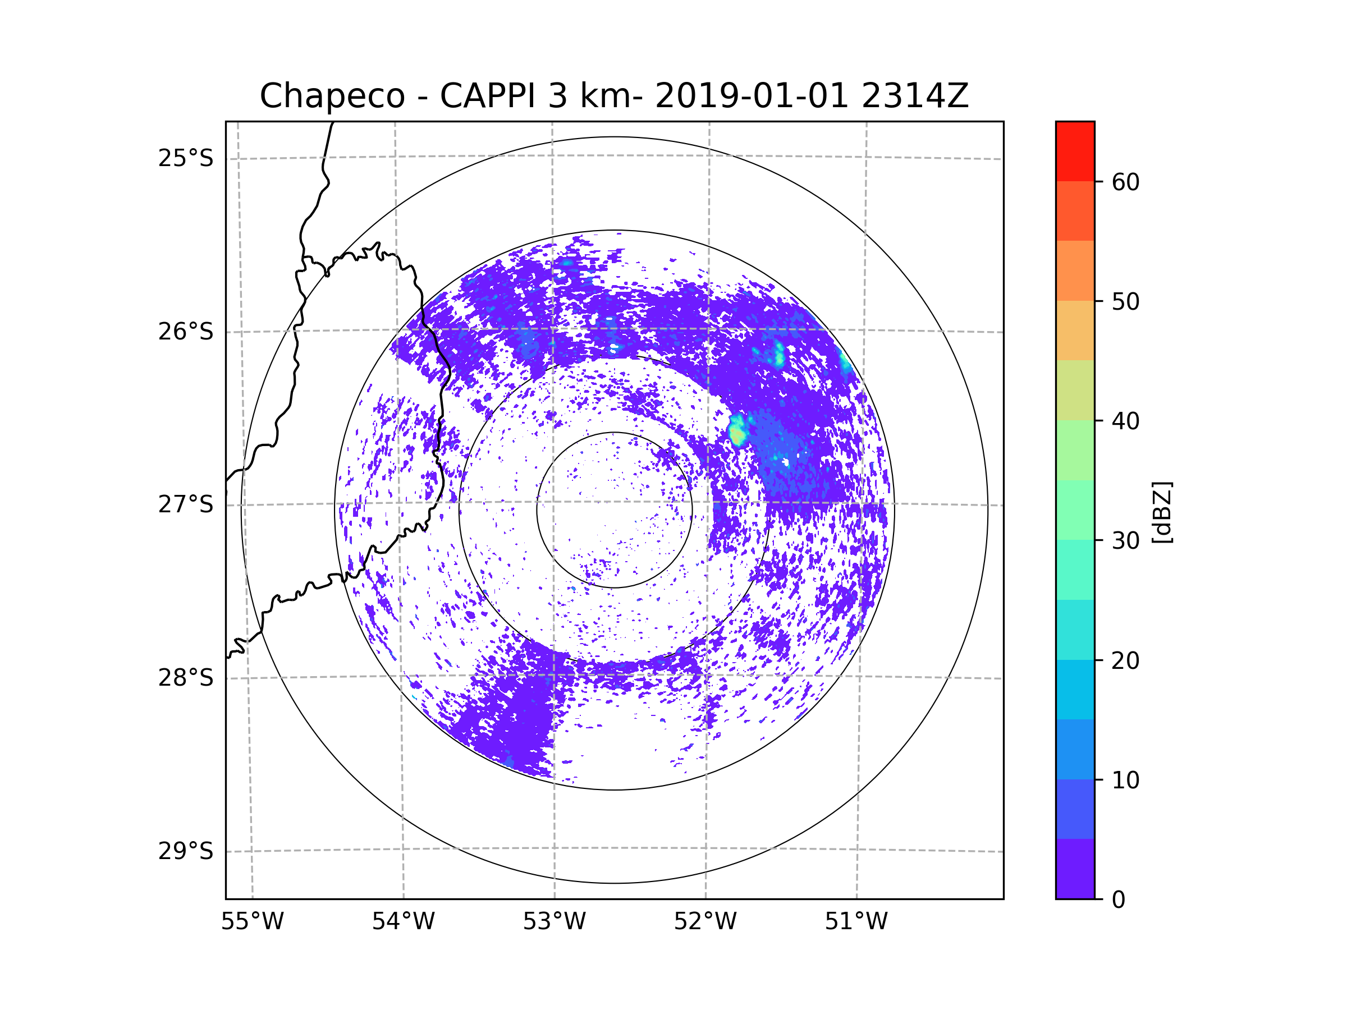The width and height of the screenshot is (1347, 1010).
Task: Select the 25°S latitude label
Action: pos(186,158)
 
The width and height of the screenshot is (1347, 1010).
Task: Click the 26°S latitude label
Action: pos(186,332)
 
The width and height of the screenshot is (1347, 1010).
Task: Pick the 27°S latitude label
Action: pos(186,504)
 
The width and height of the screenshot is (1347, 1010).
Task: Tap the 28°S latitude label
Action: pos(186,678)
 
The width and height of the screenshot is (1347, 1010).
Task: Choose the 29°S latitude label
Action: pos(186,851)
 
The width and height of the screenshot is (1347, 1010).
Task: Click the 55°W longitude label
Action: pos(252,922)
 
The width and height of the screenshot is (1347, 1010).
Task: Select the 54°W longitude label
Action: pos(403,922)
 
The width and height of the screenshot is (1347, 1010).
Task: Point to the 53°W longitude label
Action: pos(554,922)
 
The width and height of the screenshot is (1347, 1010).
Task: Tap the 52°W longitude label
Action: pos(705,922)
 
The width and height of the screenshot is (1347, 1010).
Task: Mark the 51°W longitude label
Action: pos(856,922)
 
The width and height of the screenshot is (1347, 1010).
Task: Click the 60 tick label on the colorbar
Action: pos(1125,182)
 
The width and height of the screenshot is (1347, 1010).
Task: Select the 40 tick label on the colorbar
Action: pos(1125,421)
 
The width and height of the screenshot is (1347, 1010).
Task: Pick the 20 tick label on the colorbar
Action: pos(1125,660)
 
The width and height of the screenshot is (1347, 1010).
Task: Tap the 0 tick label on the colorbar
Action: pos(1119,900)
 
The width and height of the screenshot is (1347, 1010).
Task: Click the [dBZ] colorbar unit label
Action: pos(1162,512)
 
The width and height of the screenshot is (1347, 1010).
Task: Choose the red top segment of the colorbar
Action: pos(1075,151)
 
